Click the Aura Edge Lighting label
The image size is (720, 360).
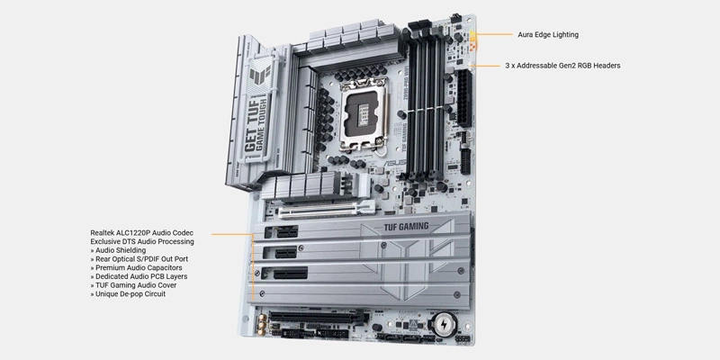coord(548,34)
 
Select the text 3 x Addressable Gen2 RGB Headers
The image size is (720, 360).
coord(562,66)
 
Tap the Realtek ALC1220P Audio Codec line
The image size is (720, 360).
coord(142,233)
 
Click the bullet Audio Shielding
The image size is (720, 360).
coord(118,250)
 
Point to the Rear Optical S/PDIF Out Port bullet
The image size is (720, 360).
coord(139,259)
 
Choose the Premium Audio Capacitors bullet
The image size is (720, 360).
coord(136,267)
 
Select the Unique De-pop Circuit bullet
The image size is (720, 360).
coord(128,294)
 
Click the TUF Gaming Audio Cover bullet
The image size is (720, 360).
coord(133,285)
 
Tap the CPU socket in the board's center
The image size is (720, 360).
coord(364,113)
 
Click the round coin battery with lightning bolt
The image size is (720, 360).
coord(444,323)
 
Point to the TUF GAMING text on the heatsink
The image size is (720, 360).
coord(406,227)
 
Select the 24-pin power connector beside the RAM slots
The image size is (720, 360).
coord(463,98)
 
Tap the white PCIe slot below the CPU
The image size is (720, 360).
coord(327,211)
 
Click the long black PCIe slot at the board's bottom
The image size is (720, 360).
coord(317,317)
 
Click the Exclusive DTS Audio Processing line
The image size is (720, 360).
coord(142,241)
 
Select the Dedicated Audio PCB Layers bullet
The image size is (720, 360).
coord(139,276)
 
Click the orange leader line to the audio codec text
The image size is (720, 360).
coord(232,235)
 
